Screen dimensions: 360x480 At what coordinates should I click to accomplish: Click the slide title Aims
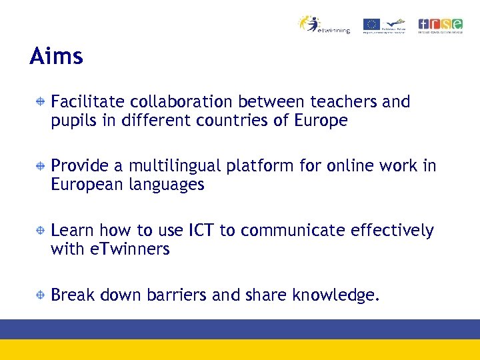[x=57, y=56]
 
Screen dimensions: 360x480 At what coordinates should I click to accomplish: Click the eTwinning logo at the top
[x=324, y=25]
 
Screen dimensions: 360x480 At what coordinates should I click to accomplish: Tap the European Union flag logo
[x=371, y=25]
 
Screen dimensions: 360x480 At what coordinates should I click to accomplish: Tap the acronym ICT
[x=201, y=231]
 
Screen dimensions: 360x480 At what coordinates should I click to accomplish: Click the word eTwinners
[x=131, y=249]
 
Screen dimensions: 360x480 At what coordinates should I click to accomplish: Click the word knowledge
[x=336, y=295]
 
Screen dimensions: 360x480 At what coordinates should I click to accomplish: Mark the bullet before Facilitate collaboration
[x=41, y=102]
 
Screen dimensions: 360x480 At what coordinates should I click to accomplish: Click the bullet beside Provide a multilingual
[x=41, y=166]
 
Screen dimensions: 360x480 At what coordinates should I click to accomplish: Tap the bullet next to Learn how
[x=41, y=231]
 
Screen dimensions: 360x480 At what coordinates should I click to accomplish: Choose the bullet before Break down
[x=41, y=295]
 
